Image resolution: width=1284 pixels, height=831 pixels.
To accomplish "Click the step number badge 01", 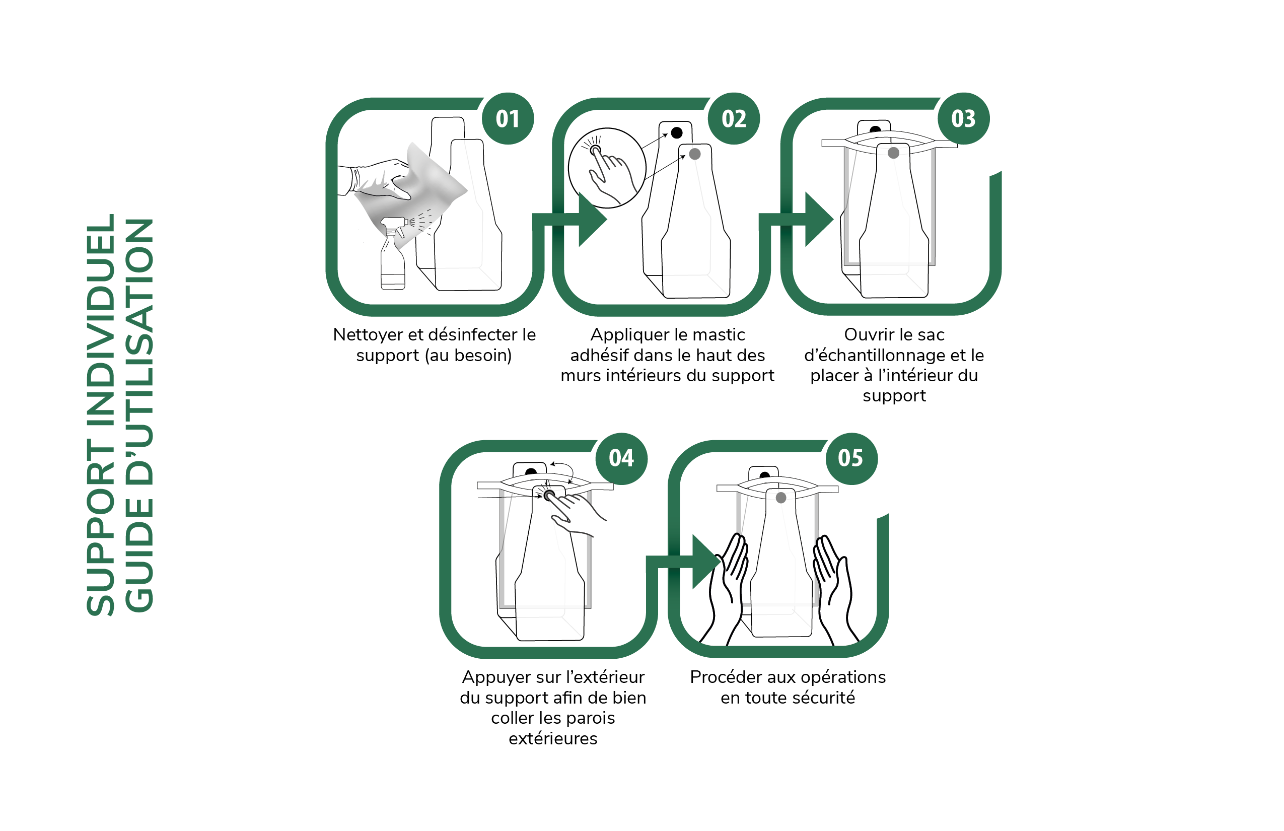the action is (508, 119).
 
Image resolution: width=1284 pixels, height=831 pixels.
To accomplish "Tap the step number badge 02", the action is (734, 119).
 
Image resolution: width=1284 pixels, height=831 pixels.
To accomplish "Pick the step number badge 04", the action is (621, 458).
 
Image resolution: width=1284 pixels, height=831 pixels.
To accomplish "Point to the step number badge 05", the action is (851, 458).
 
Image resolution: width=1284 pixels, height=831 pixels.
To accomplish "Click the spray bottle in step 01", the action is (393, 254).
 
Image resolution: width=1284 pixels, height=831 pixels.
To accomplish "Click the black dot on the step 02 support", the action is (677, 133).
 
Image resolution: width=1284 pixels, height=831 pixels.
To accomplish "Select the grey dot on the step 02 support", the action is (695, 154).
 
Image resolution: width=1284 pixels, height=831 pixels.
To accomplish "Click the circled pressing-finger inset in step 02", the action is (607, 168).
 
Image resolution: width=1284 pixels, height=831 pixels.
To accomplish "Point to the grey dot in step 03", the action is (893, 153).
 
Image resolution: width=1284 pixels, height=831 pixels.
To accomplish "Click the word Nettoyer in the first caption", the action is (368, 335).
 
